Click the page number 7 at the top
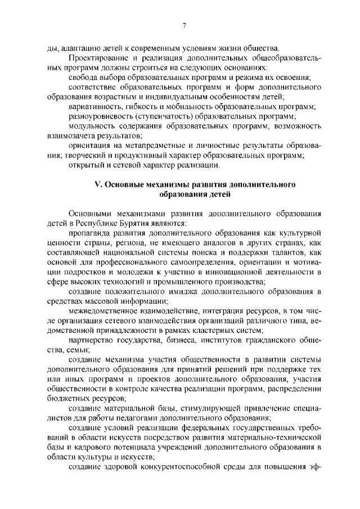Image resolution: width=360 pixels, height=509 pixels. [x=183, y=25]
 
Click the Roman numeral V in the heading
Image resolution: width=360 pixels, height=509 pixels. [x=96, y=184]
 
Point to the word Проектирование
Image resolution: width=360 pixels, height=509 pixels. [x=96, y=58]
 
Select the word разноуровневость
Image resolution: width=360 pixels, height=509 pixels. [x=101, y=116]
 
